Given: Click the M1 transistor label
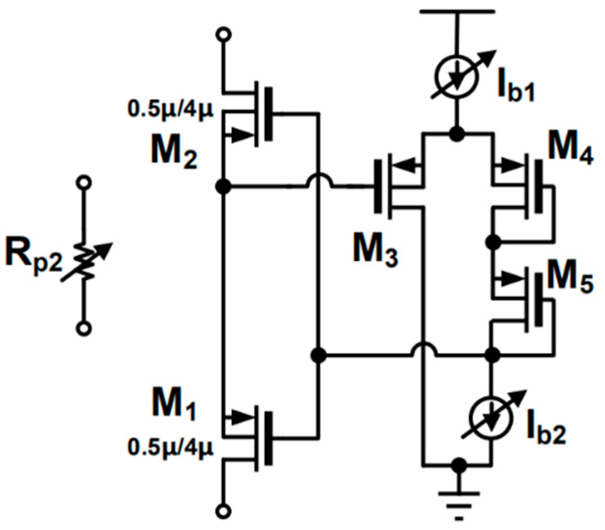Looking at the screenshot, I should pos(174,404).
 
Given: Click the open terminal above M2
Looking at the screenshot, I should pos(224,35).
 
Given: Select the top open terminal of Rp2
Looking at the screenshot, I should pos(84,183).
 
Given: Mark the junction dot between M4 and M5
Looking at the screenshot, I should pos(492,242).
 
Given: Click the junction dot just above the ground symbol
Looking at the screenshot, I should pos(459,465).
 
